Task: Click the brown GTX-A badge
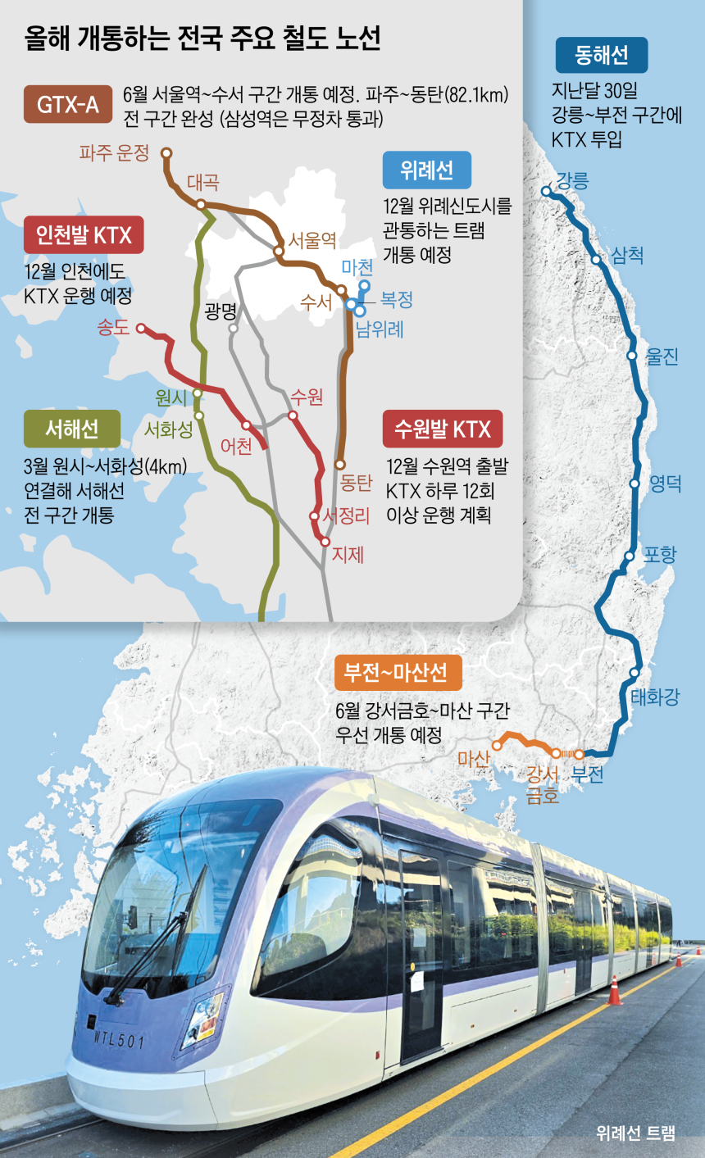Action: point(68,104)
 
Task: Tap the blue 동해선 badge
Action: point(602,55)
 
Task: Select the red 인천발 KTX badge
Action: point(84,235)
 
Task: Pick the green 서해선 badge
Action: point(72,429)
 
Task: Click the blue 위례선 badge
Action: point(427,170)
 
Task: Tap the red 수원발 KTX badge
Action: point(443,429)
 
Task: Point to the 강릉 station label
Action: point(572,181)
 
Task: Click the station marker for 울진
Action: point(632,356)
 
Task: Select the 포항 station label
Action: point(660,555)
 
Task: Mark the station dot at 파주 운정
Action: point(166,152)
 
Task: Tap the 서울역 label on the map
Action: point(312,241)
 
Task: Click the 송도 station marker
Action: point(141,329)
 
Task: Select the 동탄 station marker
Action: point(340,465)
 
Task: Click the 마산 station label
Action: point(474,758)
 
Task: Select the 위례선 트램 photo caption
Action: point(636,1133)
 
